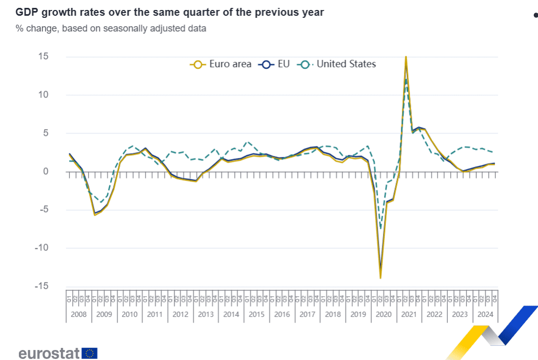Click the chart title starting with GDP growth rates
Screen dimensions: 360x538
click(x=170, y=12)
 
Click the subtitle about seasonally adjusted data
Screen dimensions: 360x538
click(x=111, y=28)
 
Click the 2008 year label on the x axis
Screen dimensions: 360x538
click(x=79, y=314)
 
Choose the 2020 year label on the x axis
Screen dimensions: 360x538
click(x=384, y=314)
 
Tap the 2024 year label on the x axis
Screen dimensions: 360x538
click(x=485, y=314)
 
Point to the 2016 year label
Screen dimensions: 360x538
click(x=282, y=314)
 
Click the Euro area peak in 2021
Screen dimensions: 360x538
click(x=406, y=57)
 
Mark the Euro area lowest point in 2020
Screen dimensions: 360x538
click(x=381, y=278)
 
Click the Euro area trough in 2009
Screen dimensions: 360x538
click(x=95, y=215)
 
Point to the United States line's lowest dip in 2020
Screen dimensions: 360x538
click(x=381, y=229)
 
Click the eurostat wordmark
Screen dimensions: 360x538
click(x=49, y=353)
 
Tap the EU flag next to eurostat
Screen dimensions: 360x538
click(x=90, y=353)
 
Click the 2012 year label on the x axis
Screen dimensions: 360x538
click(x=180, y=314)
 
